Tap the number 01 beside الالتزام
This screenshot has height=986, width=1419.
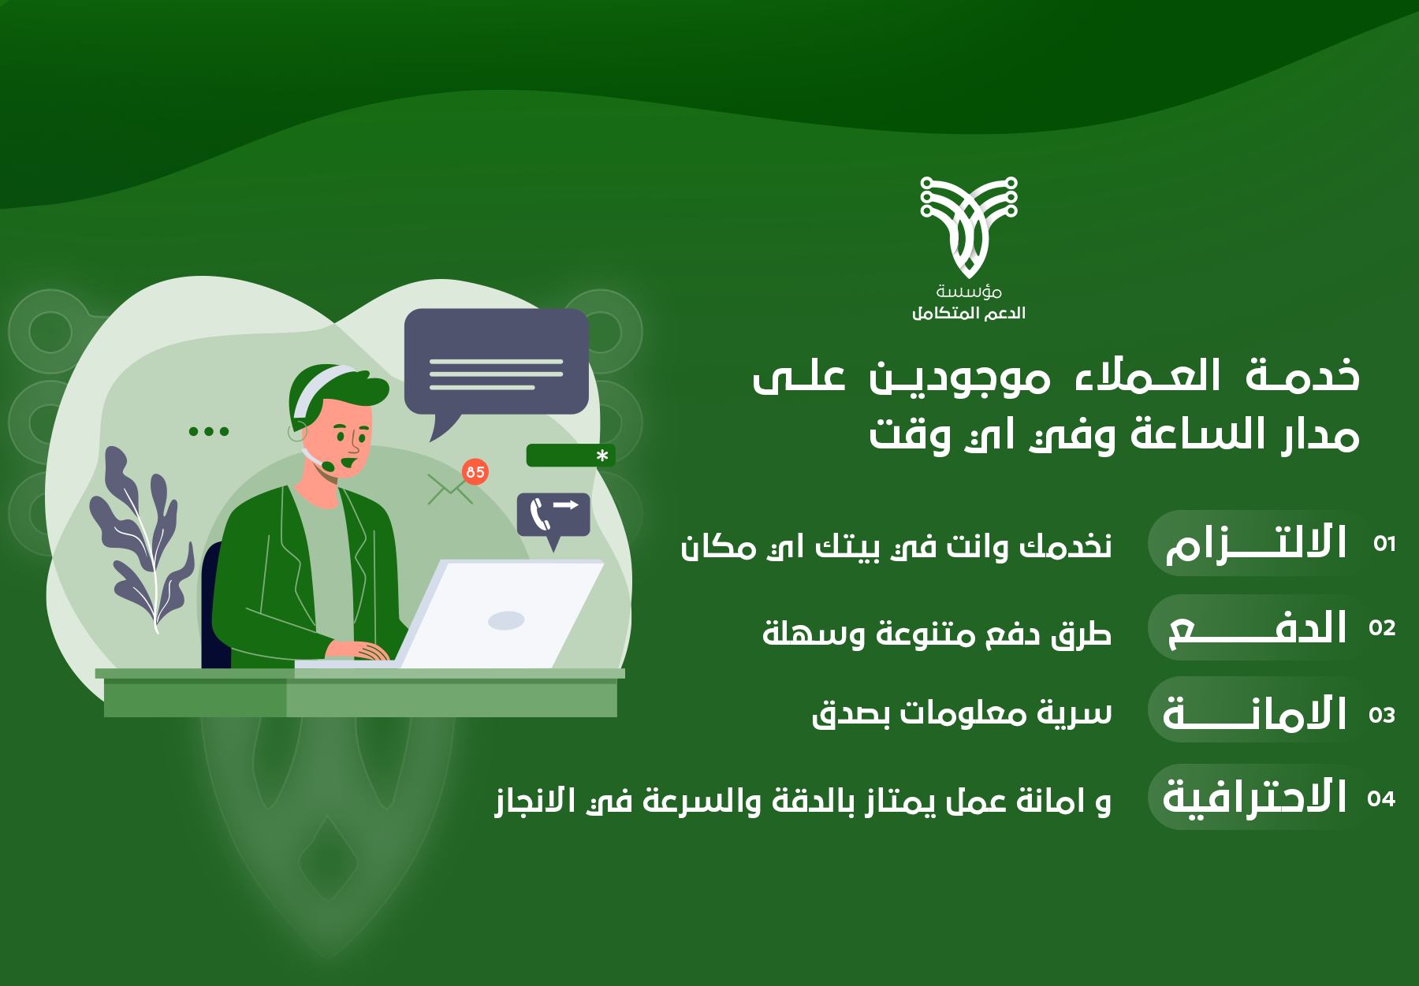click(1384, 544)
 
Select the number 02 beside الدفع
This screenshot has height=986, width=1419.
click(1382, 628)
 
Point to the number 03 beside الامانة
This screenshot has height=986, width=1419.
click(1382, 715)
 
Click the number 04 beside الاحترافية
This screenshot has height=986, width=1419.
click(1381, 798)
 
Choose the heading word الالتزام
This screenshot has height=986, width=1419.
click(1256, 543)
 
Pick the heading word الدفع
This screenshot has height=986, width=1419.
click(1257, 628)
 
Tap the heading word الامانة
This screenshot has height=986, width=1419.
click(1255, 713)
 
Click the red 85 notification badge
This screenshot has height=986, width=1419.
click(475, 472)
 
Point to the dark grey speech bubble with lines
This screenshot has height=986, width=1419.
click(497, 366)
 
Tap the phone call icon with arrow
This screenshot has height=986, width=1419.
click(553, 518)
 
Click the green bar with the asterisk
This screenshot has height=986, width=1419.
click(571, 456)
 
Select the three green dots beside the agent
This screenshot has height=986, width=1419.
click(209, 431)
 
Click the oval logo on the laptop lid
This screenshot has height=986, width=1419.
click(506, 620)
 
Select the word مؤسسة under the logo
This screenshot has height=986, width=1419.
click(969, 292)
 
